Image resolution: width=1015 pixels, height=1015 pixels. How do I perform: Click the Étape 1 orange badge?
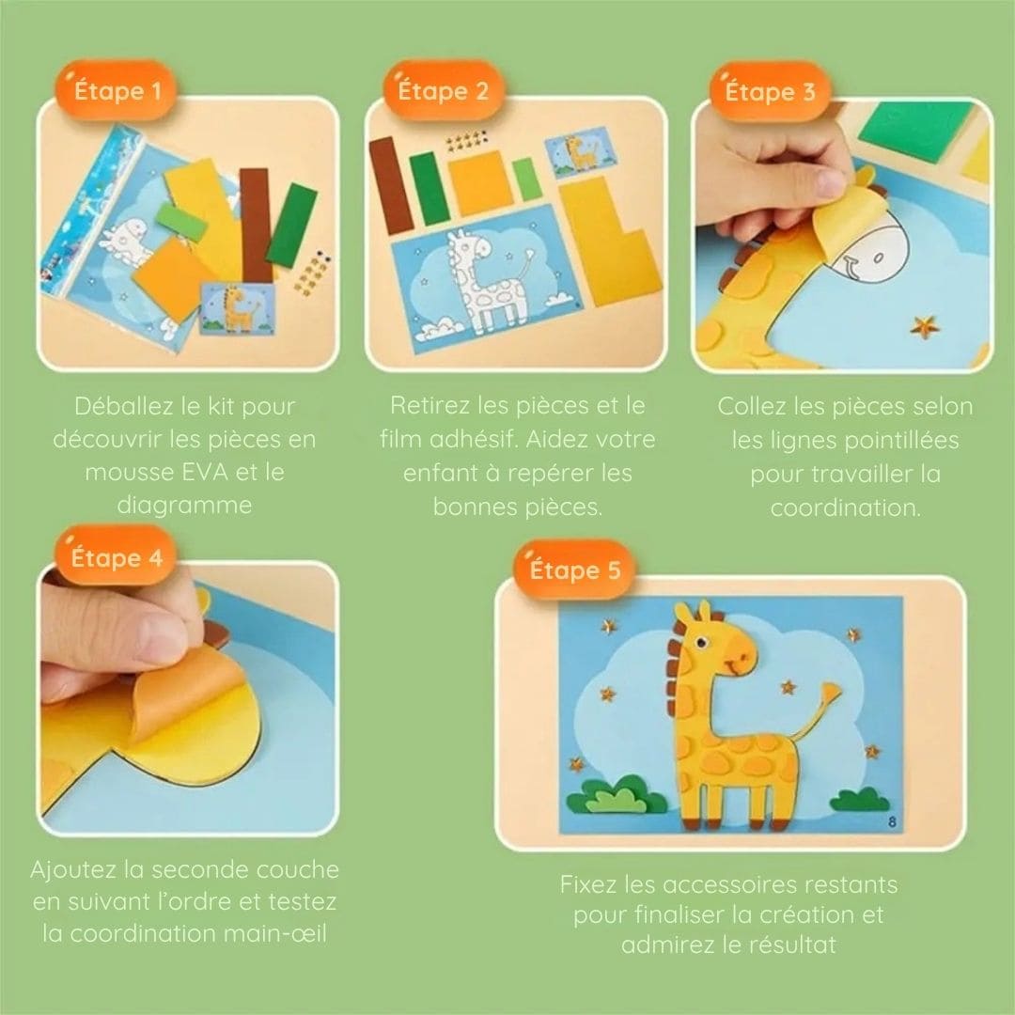click(116, 90)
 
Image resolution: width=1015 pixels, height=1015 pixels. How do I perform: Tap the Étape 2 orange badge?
click(444, 90)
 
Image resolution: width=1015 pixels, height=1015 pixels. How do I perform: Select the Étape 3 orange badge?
click(771, 91)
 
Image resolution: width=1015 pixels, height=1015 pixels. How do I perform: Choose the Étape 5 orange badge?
click(573, 570)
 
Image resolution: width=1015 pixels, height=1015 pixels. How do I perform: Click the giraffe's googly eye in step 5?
click(704, 643)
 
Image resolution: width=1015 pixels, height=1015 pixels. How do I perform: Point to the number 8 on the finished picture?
click(893, 821)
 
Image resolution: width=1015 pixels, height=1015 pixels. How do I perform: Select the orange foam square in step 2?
click(480, 183)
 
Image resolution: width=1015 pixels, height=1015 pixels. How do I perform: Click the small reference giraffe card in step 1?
click(238, 309)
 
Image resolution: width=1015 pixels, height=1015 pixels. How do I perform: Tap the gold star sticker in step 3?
click(925, 326)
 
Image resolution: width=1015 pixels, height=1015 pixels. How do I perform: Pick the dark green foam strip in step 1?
click(292, 226)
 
